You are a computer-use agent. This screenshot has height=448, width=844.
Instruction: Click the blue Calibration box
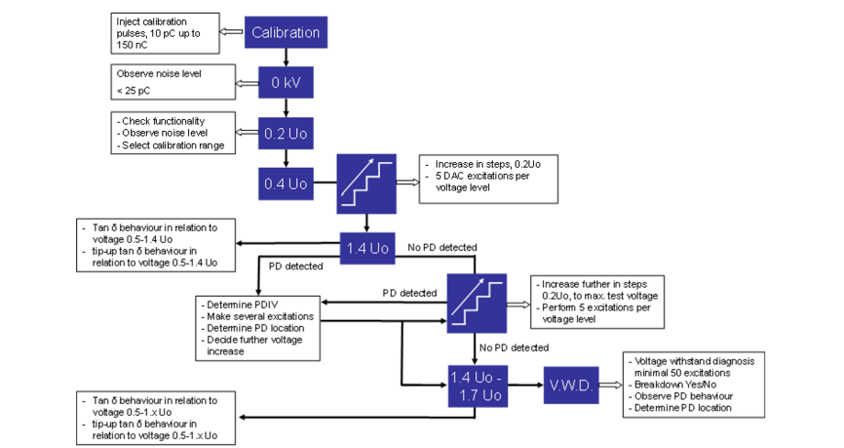[285, 33]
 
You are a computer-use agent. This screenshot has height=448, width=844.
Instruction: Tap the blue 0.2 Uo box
[285, 134]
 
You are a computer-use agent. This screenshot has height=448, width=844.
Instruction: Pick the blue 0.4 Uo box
[285, 183]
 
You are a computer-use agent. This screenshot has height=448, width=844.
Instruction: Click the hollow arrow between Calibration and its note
[235, 33]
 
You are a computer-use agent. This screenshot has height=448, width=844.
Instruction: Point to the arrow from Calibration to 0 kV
[285, 59]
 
